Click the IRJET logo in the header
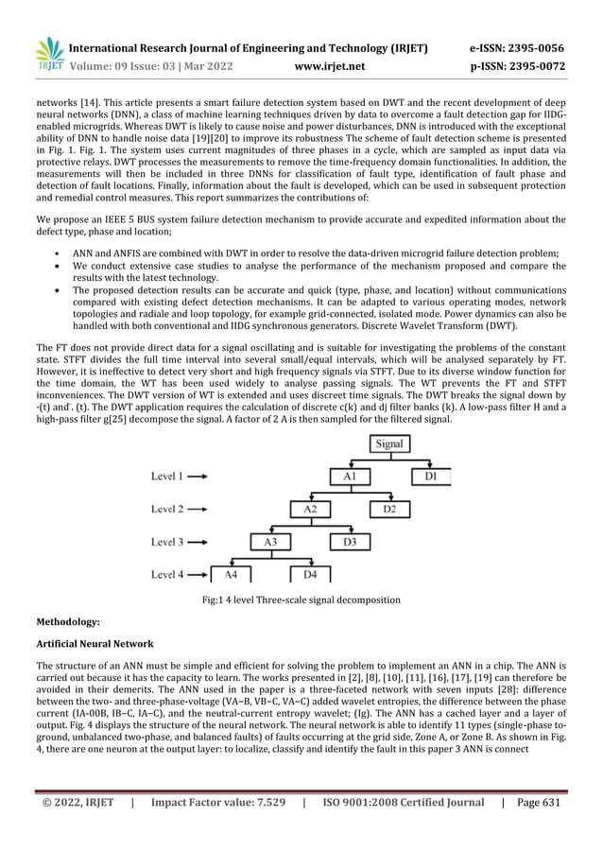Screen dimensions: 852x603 (49, 55)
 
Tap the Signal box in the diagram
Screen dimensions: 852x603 (388, 443)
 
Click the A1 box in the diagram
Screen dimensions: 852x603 (349, 478)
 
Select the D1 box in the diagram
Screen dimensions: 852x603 (431, 478)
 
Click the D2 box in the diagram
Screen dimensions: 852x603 (389, 510)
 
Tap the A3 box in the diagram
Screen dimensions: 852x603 (270, 542)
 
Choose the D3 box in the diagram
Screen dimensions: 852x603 (349, 542)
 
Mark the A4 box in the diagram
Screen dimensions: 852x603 (230, 574)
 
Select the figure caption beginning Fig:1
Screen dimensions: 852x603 (301, 600)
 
